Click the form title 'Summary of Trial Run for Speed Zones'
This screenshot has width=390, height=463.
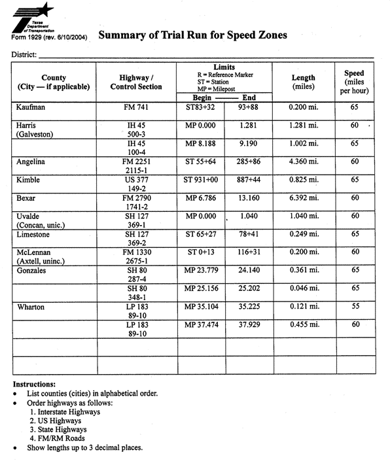192,36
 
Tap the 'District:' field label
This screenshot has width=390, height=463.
24,54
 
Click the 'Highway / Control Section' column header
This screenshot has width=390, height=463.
136,82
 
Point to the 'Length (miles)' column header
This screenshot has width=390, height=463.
303,82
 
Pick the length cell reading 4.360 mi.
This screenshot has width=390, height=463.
303,161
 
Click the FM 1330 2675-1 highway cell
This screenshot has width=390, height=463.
136,256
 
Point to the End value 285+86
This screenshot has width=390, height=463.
249,161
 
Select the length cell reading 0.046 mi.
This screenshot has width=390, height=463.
303,288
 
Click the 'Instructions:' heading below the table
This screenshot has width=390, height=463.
34,384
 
